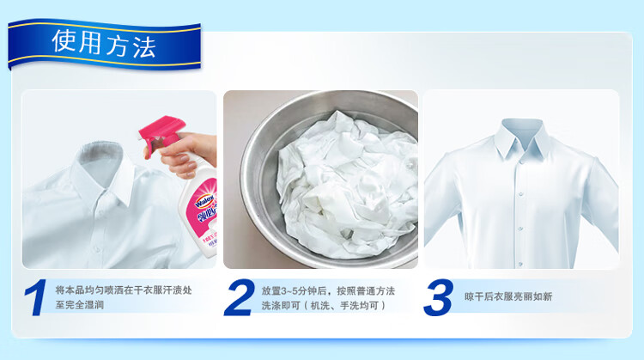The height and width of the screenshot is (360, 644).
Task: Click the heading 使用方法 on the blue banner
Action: click(x=104, y=44)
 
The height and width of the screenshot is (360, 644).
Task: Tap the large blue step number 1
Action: click(x=35, y=297)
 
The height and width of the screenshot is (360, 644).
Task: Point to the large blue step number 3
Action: click(x=438, y=297)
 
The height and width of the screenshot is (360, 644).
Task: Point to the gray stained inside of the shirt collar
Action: click(x=100, y=158)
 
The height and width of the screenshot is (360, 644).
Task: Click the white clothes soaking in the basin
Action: click(x=346, y=185)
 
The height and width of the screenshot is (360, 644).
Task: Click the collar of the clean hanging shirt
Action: click(x=522, y=138)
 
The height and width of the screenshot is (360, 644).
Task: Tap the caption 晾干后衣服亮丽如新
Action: click(x=508, y=296)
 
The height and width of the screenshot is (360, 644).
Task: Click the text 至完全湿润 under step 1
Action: click(x=80, y=305)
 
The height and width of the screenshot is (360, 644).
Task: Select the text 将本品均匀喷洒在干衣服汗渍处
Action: click(x=124, y=290)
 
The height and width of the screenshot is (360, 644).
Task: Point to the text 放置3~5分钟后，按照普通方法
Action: click(x=328, y=291)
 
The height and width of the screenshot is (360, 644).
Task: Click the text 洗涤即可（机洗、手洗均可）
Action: click(x=325, y=306)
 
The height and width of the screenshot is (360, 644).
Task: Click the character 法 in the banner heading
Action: click(x=144, y=47)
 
